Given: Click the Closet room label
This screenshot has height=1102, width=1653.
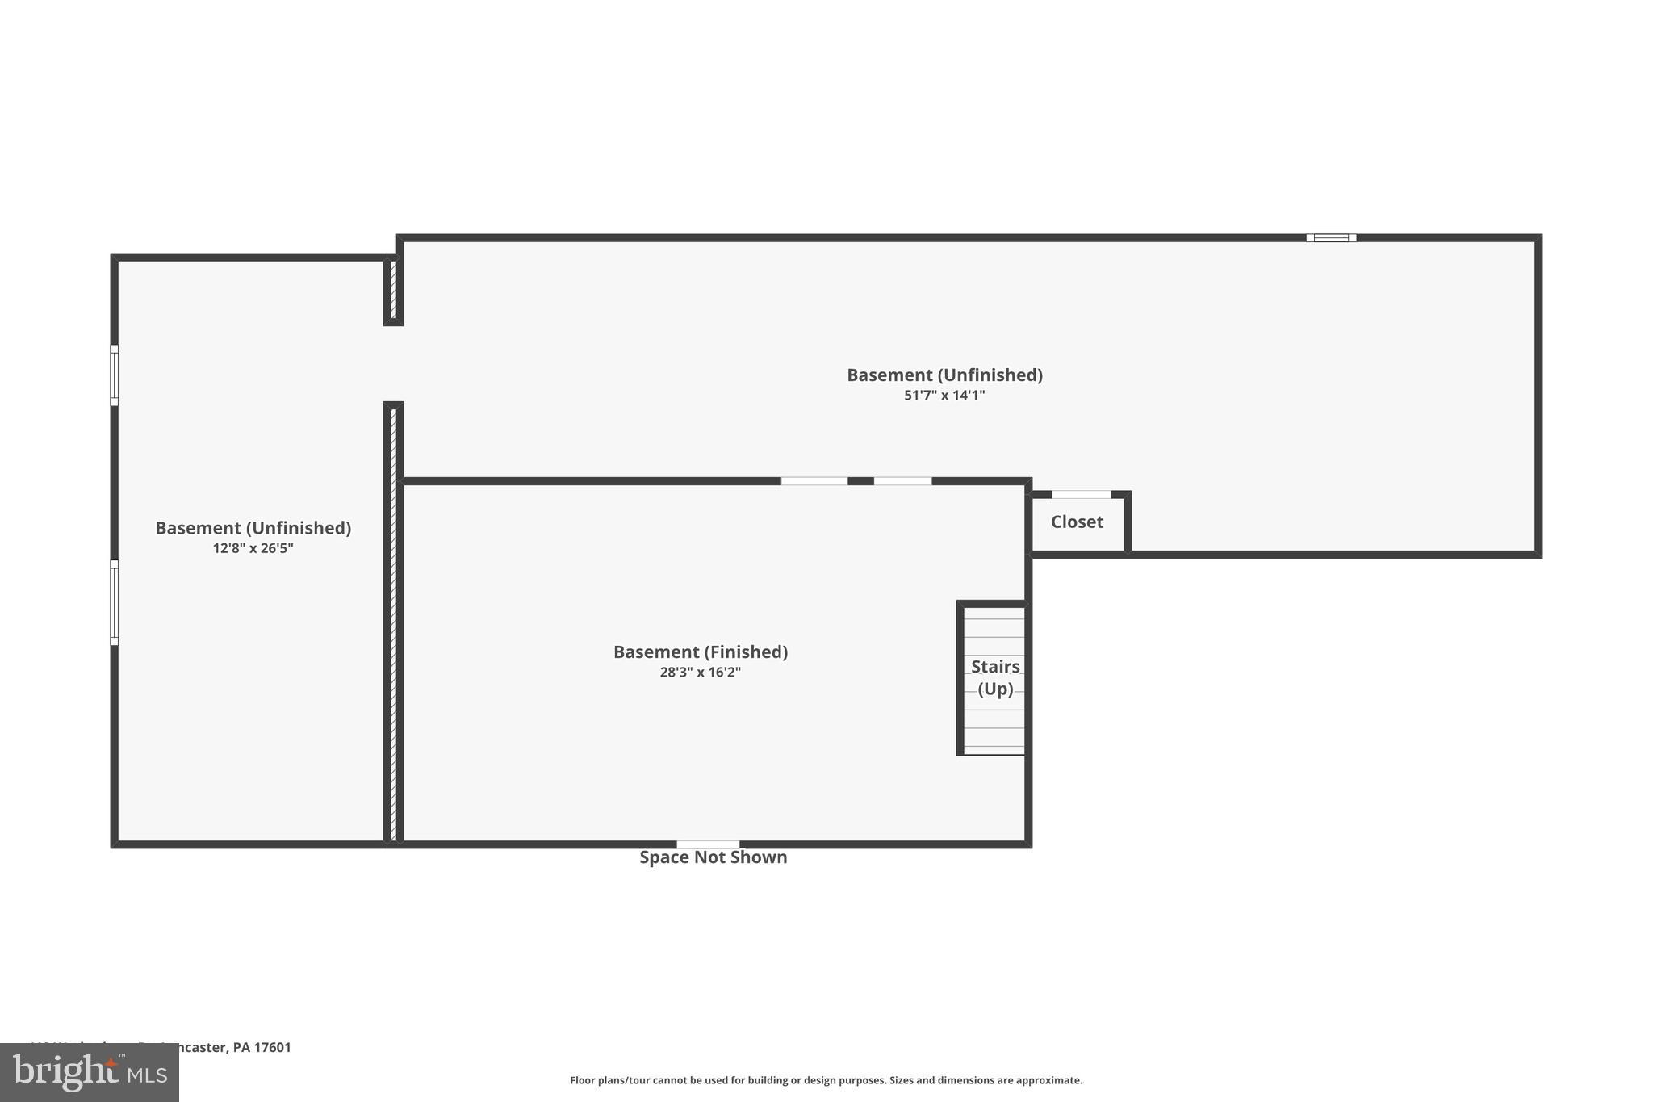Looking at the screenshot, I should tap(1077, 522).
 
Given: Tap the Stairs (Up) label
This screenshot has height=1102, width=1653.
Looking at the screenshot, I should tap(995, 677).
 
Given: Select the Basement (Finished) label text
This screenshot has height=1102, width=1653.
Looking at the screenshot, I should tap(701, 652).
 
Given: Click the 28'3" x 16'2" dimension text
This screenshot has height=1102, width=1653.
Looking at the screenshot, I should tap(701, 673).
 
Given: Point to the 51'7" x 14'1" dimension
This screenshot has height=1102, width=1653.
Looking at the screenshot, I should tap(944, 396).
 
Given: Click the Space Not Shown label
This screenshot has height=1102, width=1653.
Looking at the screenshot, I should tap(713, 857).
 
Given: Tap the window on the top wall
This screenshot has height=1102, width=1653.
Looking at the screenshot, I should tap(1331, 238).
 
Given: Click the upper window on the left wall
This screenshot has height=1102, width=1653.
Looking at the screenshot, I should tap(115, 375).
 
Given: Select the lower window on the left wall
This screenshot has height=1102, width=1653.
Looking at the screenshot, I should tap(115, 603).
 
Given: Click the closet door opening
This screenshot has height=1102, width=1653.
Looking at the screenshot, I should tap(1081, 495).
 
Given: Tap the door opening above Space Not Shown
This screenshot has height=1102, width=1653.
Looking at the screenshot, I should tap(708, 844).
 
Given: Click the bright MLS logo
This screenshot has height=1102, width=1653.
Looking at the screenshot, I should tap(90, 1073).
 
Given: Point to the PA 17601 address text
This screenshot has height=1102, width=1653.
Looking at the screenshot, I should tap(262, 1048).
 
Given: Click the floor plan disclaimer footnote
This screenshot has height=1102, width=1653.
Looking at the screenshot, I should tap(826, 1080).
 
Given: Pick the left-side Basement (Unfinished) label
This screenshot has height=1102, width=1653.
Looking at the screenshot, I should tap(253, 528).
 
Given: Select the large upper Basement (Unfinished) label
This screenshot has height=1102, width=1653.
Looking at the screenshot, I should tap(944, 375).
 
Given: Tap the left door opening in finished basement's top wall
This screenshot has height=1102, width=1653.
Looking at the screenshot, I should tap(814, 481).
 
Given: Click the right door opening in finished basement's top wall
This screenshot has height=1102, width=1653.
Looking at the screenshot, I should tap(902, 481).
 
